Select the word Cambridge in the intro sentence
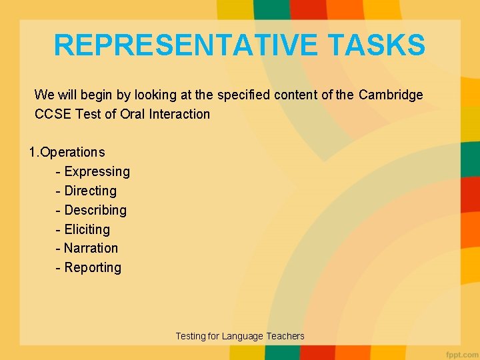point(391,95)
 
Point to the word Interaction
point(179,114)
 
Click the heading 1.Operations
point(67,152)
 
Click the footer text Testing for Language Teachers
point(239,336)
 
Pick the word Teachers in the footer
point(285,336)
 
